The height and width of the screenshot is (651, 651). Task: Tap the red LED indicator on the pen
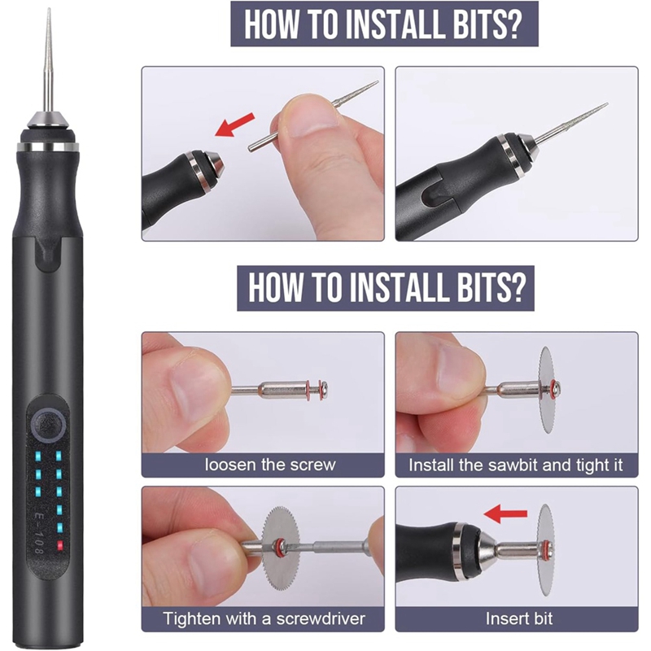59,545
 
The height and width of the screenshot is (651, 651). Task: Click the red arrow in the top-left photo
234,125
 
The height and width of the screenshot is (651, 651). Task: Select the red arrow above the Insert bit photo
505,514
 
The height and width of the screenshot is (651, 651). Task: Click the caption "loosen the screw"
270,465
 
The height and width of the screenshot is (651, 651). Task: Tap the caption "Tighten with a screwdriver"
264,618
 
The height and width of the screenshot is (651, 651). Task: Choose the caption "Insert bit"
519,618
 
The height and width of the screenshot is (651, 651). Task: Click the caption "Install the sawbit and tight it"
516,465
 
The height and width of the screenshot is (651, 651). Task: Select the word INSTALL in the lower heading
401,287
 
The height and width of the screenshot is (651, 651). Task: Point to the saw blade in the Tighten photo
282,548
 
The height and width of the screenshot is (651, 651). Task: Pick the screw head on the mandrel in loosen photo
325,390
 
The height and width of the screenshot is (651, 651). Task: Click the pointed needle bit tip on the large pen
49,9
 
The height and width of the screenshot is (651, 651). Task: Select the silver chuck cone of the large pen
49,121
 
